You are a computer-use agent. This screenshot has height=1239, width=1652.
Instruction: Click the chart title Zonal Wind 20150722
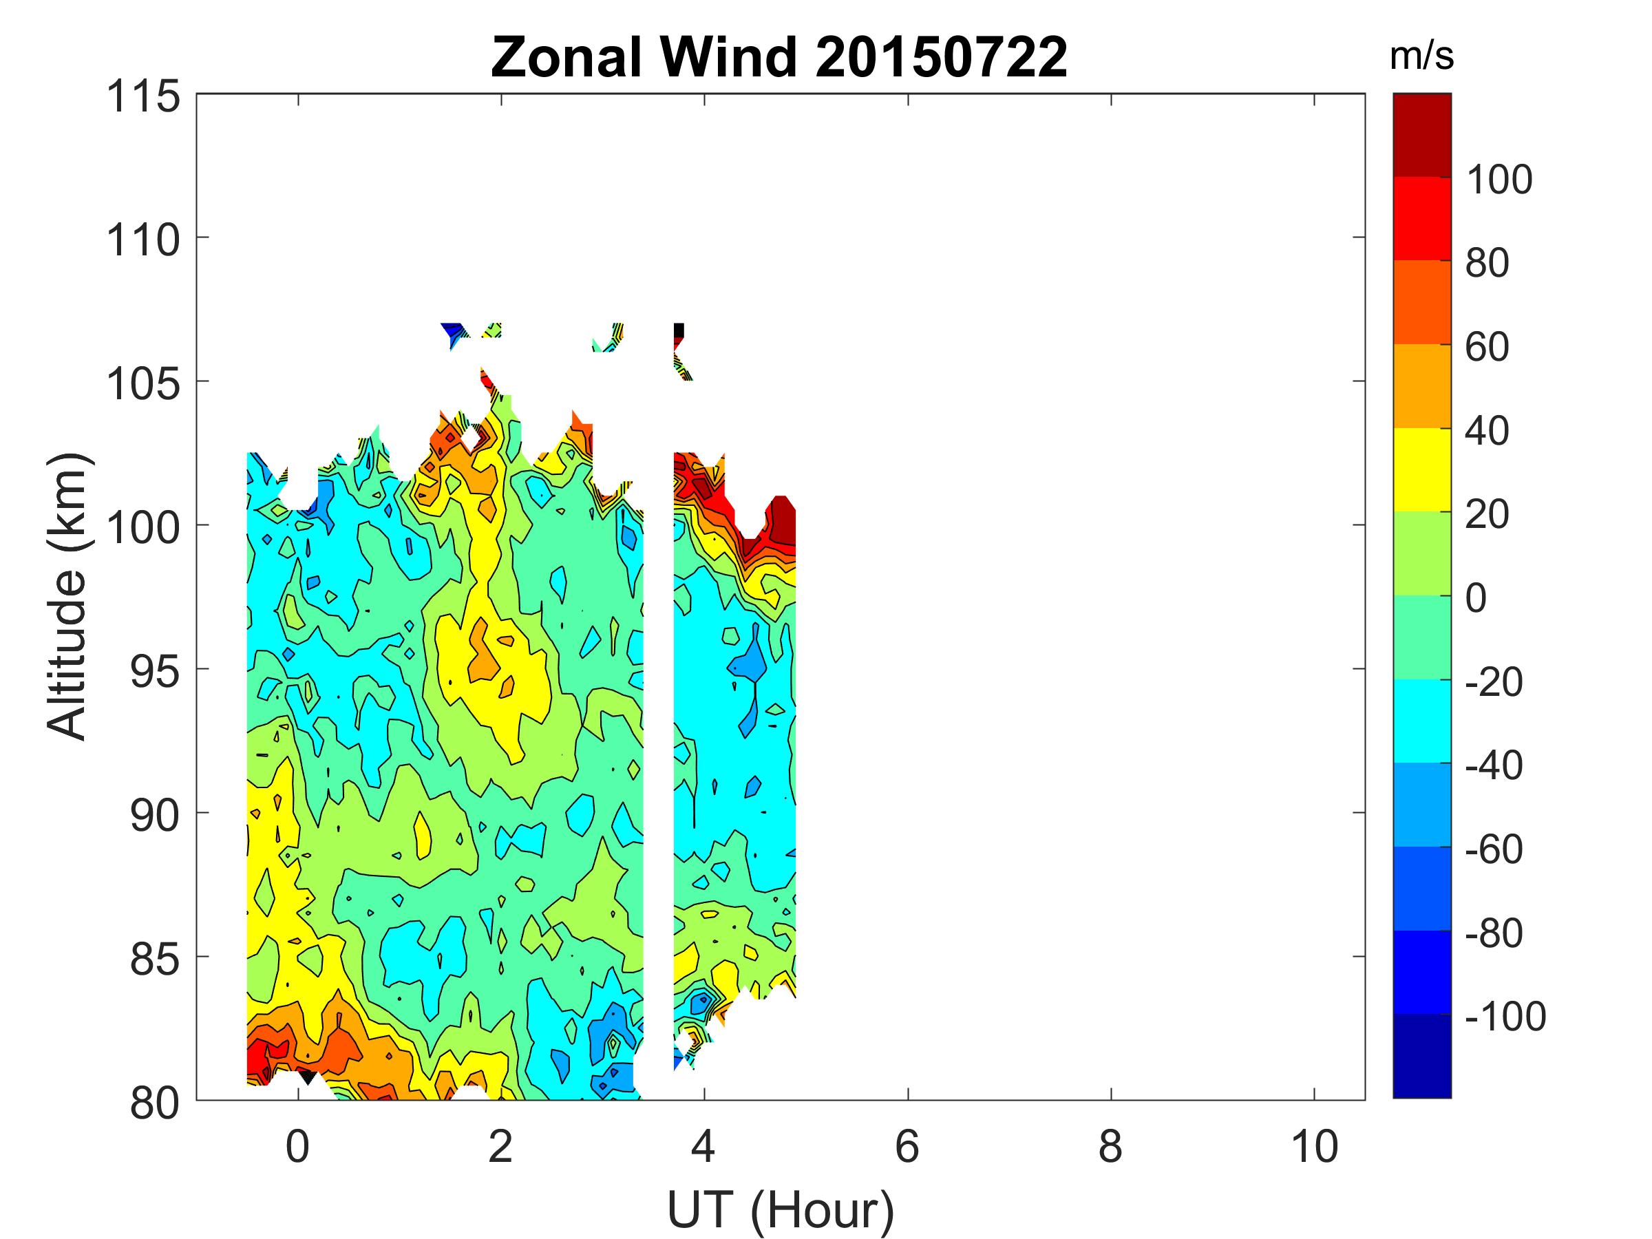(779, 58)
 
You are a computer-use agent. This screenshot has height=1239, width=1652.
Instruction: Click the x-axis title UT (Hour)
(781, 1209)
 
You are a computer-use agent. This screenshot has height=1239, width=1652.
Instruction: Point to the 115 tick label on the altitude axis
(143, 97)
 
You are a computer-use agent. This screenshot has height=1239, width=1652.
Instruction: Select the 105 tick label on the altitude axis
(143, 385)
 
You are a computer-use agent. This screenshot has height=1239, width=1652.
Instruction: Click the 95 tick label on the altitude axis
(156, 672)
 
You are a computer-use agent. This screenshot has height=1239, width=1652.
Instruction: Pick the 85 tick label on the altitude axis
(156, 960)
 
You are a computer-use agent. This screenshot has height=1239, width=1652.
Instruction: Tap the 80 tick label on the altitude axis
(156, 1103)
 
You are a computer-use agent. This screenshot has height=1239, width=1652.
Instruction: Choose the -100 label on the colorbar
(1505, 1017)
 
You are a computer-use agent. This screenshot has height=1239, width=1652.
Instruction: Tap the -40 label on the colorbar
(1494, 765)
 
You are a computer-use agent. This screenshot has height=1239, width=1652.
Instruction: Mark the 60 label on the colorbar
(1487, 348)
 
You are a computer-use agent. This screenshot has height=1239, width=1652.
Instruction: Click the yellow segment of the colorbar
(1422, 469)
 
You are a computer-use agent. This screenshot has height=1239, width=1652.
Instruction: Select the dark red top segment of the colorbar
(1422, 135)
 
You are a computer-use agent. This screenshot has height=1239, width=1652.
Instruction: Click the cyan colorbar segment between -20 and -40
(1422, 721)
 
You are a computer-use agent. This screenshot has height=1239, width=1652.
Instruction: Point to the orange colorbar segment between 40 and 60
(1422, 386)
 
